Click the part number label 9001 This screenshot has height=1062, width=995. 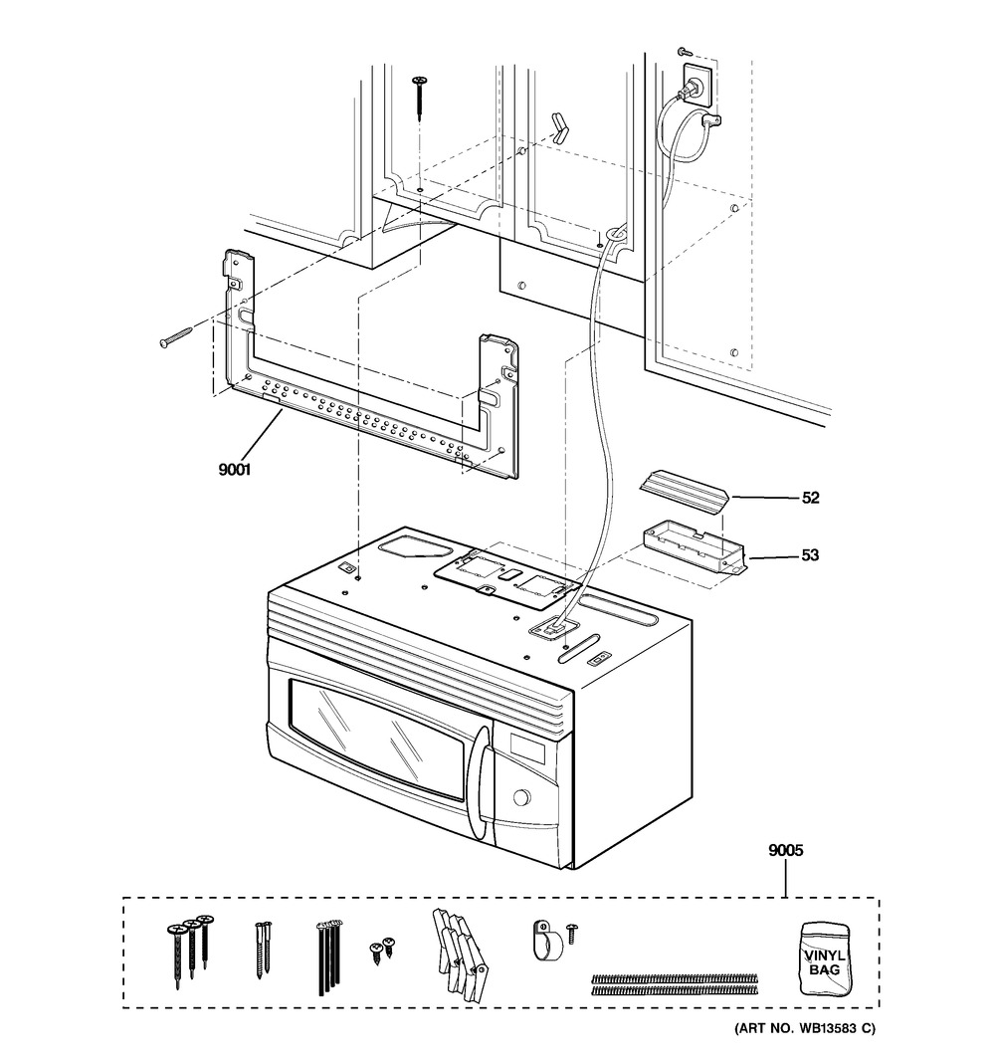234,469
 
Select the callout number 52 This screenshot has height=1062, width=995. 810,498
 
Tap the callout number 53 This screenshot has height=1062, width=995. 810,555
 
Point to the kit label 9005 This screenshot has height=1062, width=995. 786,850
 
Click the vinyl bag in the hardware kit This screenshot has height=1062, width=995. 826,958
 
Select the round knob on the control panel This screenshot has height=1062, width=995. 521,797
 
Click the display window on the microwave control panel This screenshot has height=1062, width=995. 526,747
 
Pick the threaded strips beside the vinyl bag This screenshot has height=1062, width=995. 675,984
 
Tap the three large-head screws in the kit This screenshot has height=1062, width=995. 190,952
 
